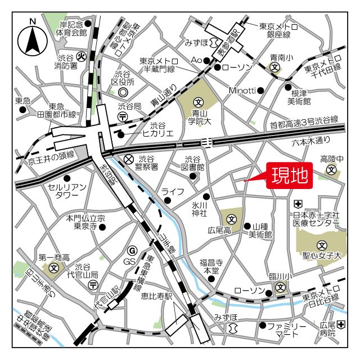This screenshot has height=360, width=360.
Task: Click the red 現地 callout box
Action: [x=290, y=176]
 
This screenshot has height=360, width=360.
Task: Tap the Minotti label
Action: [x=242, y=90]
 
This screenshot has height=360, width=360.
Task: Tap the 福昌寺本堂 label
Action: [x=211, y=266]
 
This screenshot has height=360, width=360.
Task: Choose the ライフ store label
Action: [x=173, y=192]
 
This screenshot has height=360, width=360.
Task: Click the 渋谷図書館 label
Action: [x=195, y=163]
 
